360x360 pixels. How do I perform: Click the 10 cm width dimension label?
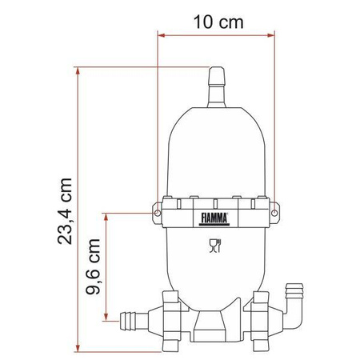tap(218, 22)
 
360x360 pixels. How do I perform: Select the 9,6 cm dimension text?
tap(95, 266)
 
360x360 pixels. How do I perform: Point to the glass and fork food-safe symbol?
tap(214, 246)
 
